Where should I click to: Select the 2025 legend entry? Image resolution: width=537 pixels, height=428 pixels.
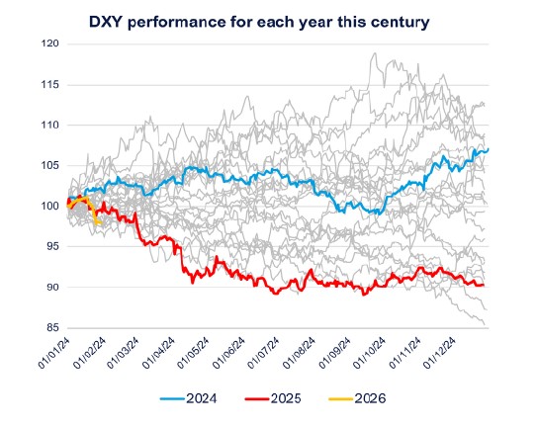282,399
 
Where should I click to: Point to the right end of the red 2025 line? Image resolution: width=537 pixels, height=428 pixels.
484,286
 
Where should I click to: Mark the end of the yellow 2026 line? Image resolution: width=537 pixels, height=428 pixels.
100,223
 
